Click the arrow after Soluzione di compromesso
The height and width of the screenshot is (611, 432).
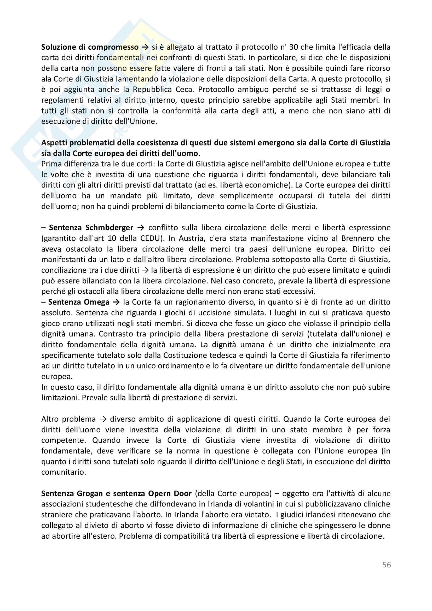(x=145, y=47)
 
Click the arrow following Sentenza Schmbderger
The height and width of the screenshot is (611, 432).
(x=141, y=228)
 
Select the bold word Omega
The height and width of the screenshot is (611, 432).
(x=96, y=302)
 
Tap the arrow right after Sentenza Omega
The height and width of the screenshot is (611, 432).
(x=116, y=302)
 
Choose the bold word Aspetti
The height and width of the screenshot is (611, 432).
(x=54, y=143)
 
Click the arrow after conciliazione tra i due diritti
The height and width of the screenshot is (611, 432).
(x=145, y=270)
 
